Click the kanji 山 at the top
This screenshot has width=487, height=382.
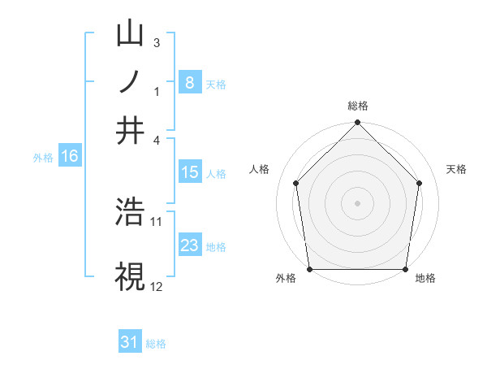point(131,35)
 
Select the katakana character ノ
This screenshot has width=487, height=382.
point(131,82)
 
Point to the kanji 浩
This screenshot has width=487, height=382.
point(131,212)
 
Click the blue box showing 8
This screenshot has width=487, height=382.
point(190,82)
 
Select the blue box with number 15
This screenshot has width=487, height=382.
point(190,172)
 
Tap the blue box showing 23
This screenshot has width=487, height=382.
point(190,245)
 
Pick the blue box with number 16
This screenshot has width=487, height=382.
point(70,157)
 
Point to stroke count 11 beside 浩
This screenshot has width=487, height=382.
point(157,221)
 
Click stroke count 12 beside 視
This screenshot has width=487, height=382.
point(157,287)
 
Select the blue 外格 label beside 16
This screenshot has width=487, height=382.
point(42,158)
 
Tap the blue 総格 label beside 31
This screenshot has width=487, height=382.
point(156,344)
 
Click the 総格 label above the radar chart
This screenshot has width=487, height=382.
point(358,106)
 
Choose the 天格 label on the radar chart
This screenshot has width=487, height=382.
point(456,169)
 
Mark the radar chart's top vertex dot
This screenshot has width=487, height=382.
point(358,124)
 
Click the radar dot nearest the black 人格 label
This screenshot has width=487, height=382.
point(296,183)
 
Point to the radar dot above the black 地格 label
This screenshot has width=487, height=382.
point(405,269)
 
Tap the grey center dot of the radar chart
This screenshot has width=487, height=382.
point(358,202)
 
